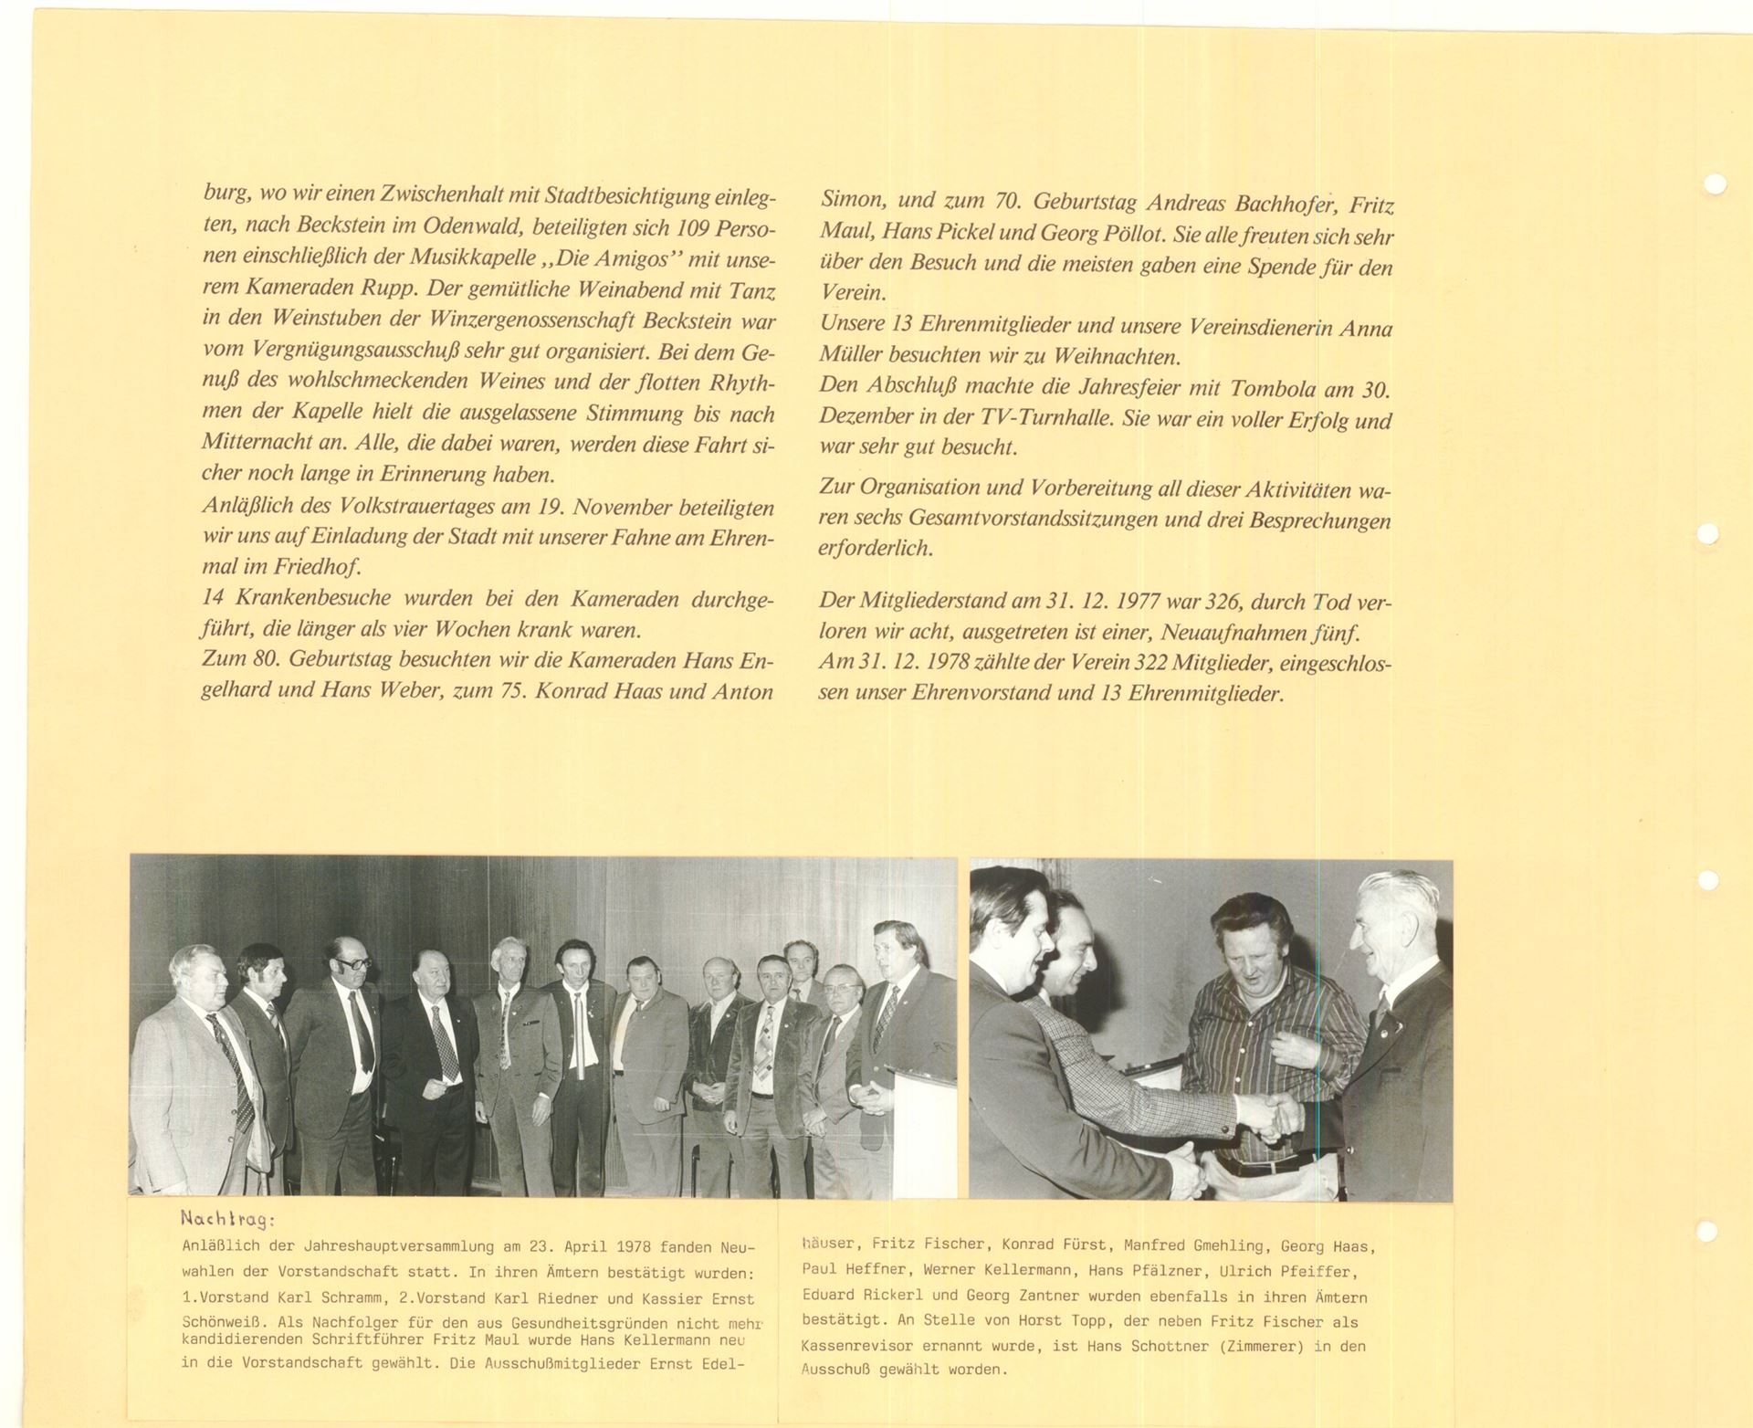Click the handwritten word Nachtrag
[226, 1219]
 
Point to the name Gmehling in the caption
[1220, 1244]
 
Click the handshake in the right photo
[1272, 1113]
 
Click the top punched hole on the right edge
[1716, 184]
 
